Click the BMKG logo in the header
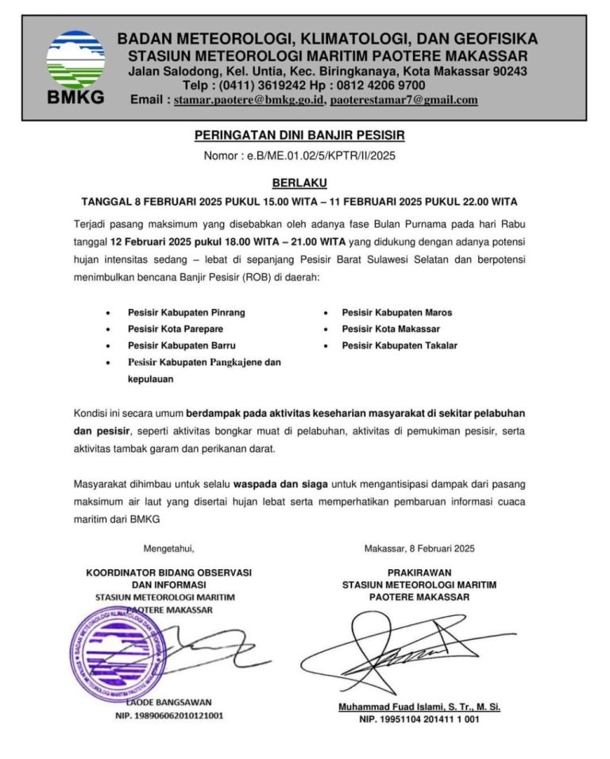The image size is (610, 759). [75, 67]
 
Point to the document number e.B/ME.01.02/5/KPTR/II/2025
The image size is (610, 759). [321, 156]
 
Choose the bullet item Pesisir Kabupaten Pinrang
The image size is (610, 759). [186, 313]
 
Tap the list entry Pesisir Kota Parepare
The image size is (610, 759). [176, 329]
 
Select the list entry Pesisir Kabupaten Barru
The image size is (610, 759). [181, 345]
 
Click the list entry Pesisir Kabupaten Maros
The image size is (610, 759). [397, 313]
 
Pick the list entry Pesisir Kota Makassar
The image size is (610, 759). [391, 329]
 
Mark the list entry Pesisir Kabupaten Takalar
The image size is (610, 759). [400, 345]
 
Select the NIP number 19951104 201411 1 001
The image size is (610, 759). [419, 720]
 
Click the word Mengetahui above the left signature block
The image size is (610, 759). [168, 549]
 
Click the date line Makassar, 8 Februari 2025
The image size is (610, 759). [419, 549]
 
